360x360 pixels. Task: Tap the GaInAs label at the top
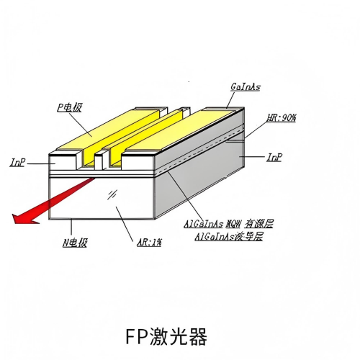point(246,87)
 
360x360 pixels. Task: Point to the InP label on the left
point(18,163)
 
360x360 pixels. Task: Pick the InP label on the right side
point(274,156)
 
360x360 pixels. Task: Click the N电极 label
point(75,243)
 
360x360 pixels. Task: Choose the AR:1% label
point(148,243)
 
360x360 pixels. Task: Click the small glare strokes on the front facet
point(113,194)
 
